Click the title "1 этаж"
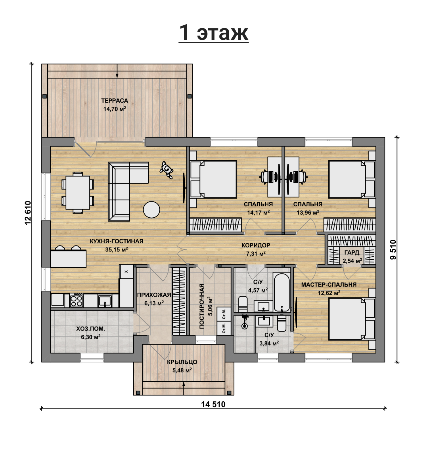pyautogui.click(x=213, y=33)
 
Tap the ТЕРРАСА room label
pyautogui.click(x=115, y=101)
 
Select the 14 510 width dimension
pyautogui.click(x=213, y=404)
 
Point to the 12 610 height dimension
pyautogui.click(x=28, y=213)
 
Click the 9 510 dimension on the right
pyautogui.click(x=393, y=249)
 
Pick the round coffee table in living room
pyautogui.click(x=151, y=210)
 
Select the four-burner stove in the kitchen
pyautogui.click(x=76, y=300)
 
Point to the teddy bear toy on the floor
pyautogui.click(x=166, y=170)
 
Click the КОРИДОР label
pyautogui.click(x=256, y=245)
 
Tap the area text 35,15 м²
pyautogui.click(x=117, y=249)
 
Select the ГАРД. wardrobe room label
pyautogui.click(x=352, y=253)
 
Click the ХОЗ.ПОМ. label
pyautogui.click(x=90, y=329)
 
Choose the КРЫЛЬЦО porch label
pyautogui.click(x=182, y=362)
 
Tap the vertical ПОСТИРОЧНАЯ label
pyautogui.click(x=202, y=306)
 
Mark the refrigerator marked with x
pyautogui.click(x=126, y=271)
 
